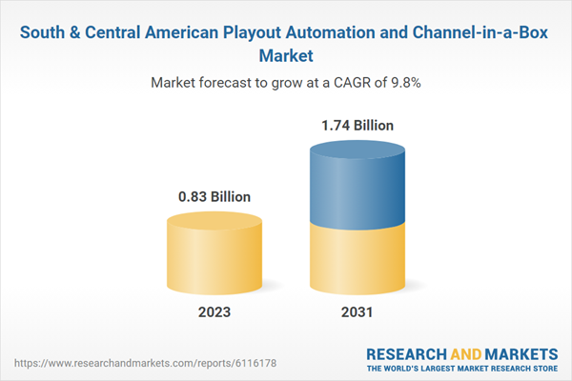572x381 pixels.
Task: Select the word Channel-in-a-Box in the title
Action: point(481,30)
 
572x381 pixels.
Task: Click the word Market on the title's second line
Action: point(286,54)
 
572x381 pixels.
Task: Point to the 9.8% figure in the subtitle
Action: point(404,83)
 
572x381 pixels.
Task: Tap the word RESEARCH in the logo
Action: point(407,352)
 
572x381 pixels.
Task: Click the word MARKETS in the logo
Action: point(516,352)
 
